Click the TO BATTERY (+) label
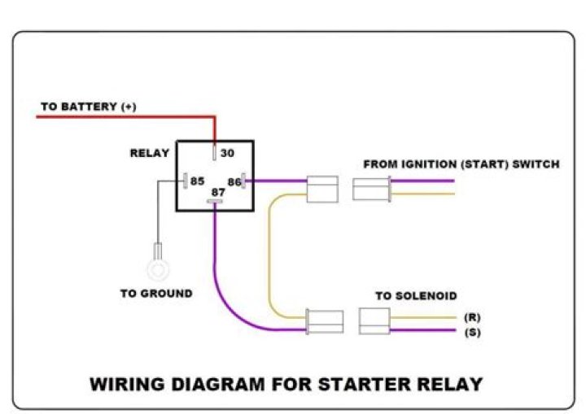(x=89, y=107)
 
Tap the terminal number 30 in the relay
(x=227, y=152)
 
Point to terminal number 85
(x=197, y=181)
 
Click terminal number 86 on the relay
(x=234, y=181)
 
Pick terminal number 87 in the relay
(x=217, y=193)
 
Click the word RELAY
(x=150, y=153)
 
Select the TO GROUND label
(x=156, y=294)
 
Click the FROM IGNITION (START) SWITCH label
(x=461, y=164)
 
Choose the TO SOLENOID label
(x=416, y=296)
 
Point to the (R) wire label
(x=471, y=317)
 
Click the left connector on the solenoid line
(x=324, y=321)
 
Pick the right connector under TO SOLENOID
(x=374, y=321)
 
